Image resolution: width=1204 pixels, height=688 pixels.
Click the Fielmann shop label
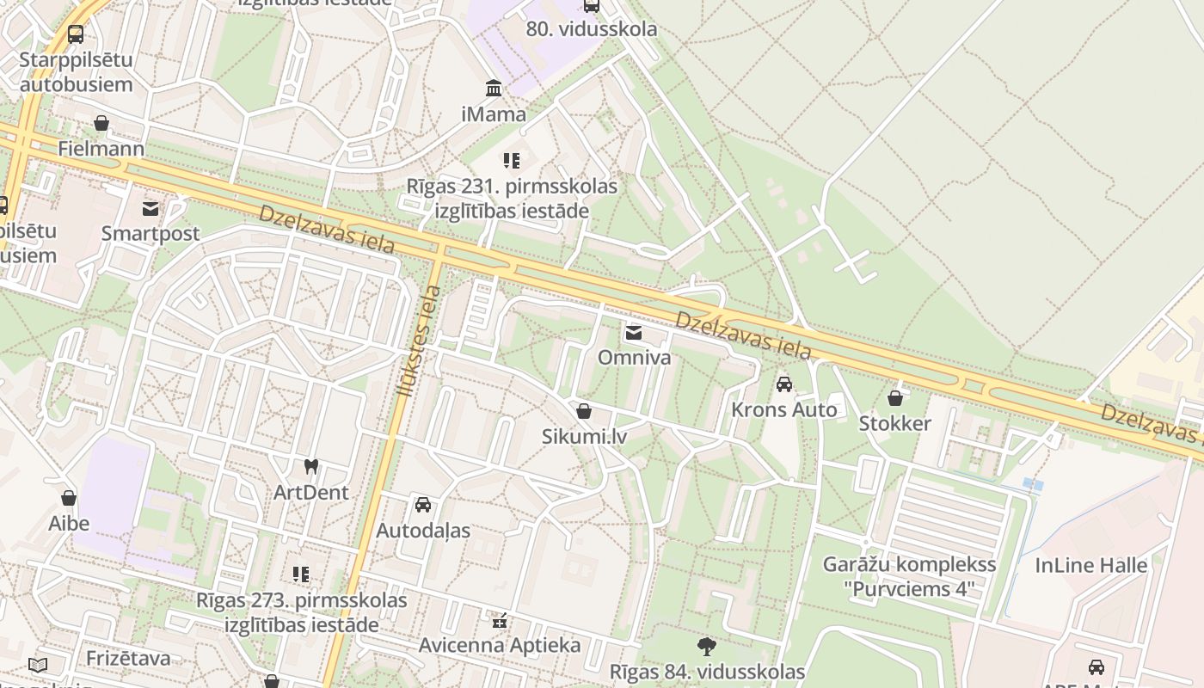coord(101,148)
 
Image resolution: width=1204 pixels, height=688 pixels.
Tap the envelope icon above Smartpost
coord(150,208)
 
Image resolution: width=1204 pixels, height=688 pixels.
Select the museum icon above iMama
coord(494,88)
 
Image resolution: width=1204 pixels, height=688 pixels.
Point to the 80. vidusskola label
coord(591,28)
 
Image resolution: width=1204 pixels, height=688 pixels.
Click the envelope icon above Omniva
coord(634,333)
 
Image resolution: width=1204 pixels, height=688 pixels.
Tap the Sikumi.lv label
coord(584,436)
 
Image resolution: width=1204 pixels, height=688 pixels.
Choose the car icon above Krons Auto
coord(783,384)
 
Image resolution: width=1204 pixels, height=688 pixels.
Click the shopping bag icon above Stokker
coord(895,398)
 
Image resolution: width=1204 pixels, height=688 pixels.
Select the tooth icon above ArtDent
coord(311,467)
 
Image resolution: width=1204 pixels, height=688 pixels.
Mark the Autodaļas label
coord(422,530)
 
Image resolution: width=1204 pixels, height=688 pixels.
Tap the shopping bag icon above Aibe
coord(69,498)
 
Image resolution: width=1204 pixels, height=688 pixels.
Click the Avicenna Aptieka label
coord(499,645)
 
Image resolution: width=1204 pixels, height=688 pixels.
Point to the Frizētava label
coord(128,658)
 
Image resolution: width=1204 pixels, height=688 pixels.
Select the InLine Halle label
coord(1090,565)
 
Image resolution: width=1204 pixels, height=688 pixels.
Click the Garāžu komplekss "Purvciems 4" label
coord(909,576)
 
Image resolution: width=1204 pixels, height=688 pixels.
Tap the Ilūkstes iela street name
coord(419,340)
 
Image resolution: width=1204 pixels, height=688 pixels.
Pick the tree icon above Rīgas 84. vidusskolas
coord(707,646)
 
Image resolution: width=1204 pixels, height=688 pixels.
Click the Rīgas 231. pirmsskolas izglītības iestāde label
coord(513,198)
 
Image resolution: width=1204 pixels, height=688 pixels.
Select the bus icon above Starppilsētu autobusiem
coord(76,34)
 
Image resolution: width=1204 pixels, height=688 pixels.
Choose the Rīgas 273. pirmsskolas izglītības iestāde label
coord(301,611)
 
